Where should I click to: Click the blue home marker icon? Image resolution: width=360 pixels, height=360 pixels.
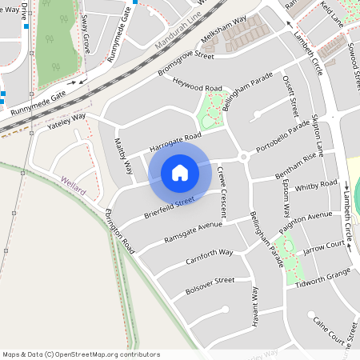180,172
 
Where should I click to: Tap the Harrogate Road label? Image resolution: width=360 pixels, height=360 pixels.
174,142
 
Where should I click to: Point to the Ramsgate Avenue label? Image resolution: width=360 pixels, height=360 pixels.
193,230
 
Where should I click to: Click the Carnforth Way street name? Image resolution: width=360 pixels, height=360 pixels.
208,256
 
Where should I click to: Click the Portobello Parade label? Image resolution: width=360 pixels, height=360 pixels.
282,138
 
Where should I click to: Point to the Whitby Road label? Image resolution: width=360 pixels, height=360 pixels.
316,186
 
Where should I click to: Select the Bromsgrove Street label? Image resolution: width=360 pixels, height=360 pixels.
186,65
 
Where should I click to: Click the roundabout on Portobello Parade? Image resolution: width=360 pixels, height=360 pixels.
243,157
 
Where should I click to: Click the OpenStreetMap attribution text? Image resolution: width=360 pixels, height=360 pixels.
81,354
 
